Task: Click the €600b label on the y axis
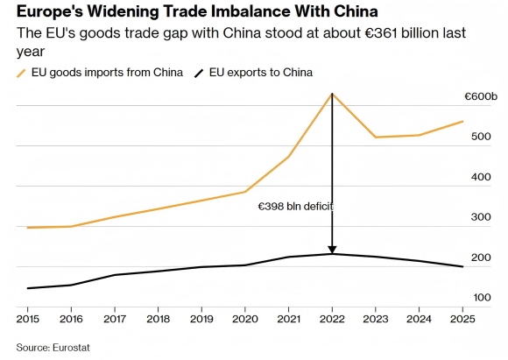481,97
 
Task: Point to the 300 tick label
481,217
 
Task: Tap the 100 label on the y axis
482,298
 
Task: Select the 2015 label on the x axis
27,319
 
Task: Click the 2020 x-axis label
245,319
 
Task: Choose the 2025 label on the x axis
462,319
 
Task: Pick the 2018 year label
159,319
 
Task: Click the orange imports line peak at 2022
332,94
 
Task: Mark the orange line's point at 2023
376,137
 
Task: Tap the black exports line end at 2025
462,266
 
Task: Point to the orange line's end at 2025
462,122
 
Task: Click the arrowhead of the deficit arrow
332,250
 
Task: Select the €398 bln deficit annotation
295,207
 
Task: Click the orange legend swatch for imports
21,74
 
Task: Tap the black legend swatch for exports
199,74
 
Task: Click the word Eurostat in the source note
71,348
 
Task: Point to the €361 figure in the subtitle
381,33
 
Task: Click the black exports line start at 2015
28,288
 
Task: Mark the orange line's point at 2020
245,192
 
